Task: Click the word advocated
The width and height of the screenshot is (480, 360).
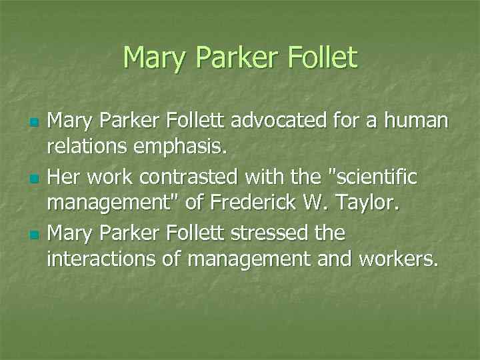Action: pos(295,121)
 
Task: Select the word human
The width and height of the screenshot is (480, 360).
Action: pos(416,121)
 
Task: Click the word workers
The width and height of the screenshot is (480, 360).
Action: pos(397,259)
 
